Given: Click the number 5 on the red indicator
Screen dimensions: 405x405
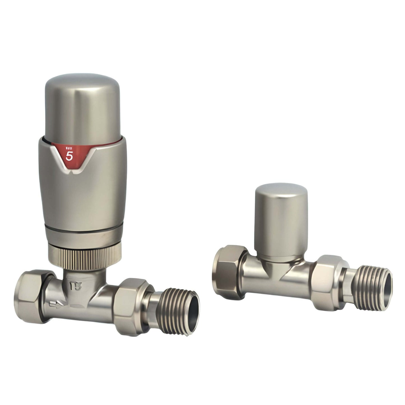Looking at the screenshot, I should click(x=69, y=156).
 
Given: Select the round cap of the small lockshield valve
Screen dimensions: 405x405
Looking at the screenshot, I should click(x=281, y=223).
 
